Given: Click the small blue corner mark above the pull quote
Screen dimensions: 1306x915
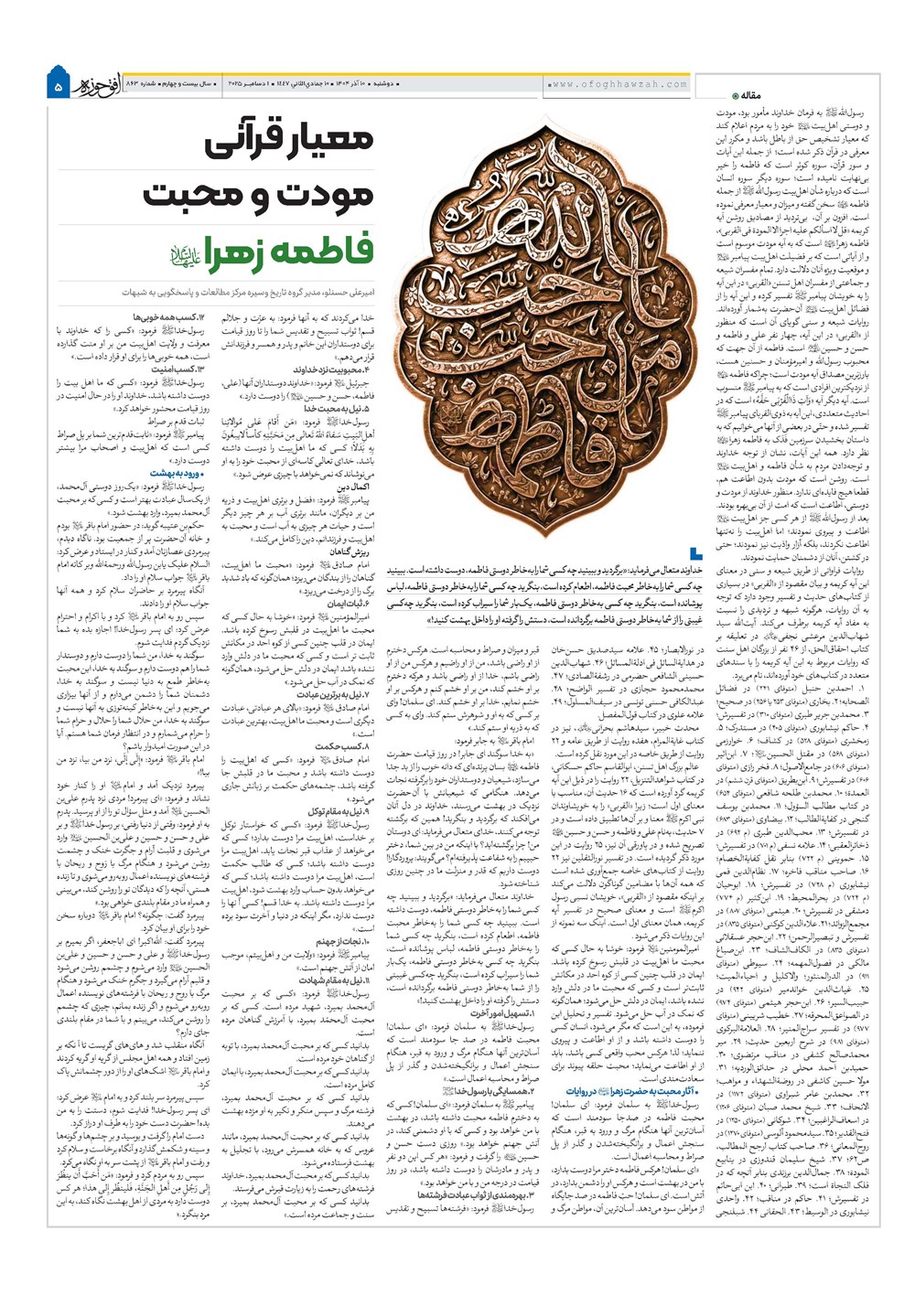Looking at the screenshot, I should (x=698, y=551).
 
